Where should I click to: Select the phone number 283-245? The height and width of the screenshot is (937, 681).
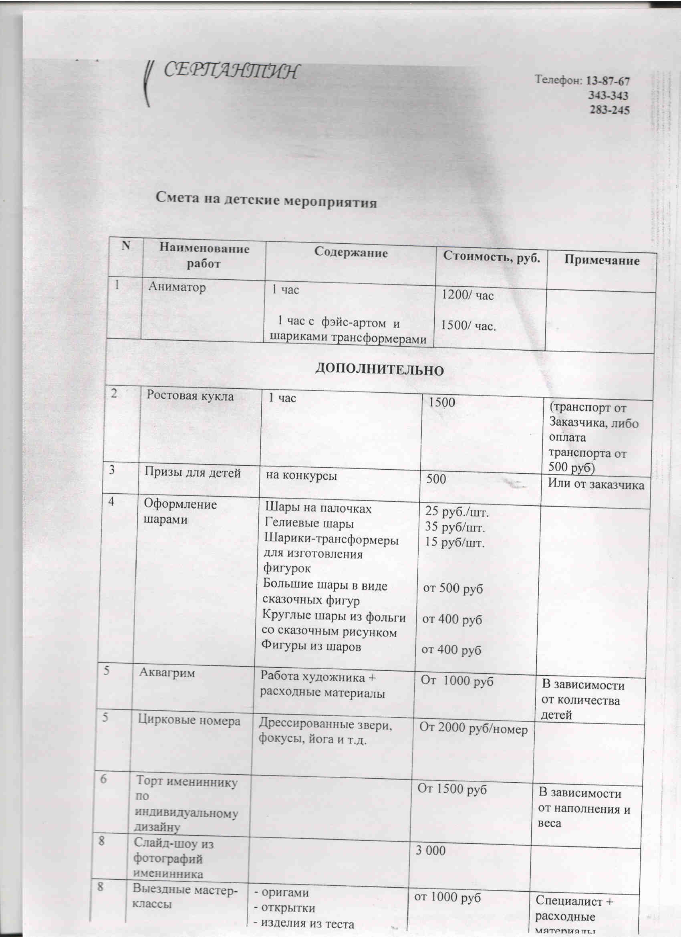(x=609, y=110)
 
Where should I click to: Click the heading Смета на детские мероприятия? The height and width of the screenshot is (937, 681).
(x=266, y=200)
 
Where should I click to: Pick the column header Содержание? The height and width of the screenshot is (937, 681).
(x=351, y=252)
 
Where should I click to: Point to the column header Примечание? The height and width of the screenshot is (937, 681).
(x=602, y=260)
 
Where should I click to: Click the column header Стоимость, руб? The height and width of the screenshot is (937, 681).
(x=492, y=256)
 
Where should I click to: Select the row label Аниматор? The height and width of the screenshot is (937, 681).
(x=177, y=286)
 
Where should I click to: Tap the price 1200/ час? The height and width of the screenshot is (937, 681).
(x=467, y=295)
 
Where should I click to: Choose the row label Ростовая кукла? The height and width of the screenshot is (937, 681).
(x=190, y=396)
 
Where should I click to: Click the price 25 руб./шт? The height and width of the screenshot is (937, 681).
(x=457, y=512)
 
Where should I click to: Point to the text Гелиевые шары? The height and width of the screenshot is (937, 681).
(x=309, y=524)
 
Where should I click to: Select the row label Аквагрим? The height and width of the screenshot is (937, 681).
(x=167, y=672)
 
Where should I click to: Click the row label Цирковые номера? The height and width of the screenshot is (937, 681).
(x=189, y=721)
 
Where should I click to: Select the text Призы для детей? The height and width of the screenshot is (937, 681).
(x=192, y=473)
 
